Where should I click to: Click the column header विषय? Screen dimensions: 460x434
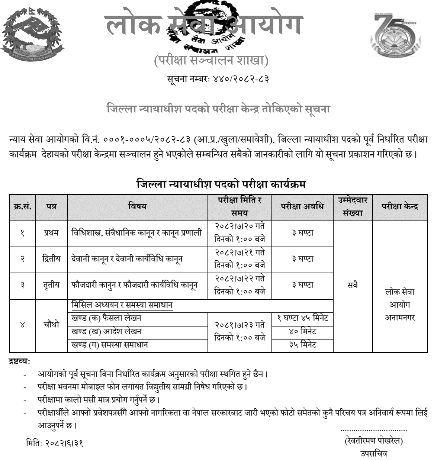tap(137, 206)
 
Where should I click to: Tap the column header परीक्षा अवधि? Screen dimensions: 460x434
tap(302, 206)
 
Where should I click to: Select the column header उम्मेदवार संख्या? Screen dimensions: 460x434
tap(353, 206)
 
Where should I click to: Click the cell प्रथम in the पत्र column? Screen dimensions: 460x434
tap(51, 233)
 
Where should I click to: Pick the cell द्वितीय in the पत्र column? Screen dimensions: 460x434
tap(51, 259)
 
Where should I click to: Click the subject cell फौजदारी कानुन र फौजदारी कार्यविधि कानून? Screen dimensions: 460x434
tap(134, 285)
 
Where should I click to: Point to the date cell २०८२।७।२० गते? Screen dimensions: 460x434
tap(240, 227)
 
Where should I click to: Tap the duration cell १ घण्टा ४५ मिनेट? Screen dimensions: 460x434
tap(302, 319)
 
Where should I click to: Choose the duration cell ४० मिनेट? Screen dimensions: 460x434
tap(302, 331)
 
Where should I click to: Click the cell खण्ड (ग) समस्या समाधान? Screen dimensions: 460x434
tap(110, 345)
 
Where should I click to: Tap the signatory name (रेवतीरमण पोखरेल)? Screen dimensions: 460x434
tap(374, 441)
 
